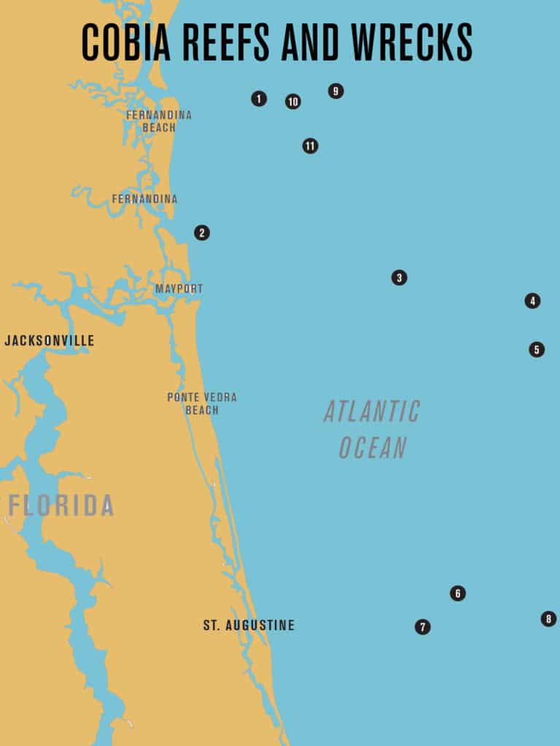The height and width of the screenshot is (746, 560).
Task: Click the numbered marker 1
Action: [259, 98]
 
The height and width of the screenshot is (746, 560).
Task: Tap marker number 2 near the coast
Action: [202, 233]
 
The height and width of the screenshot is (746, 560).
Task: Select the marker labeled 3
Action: [399, 278]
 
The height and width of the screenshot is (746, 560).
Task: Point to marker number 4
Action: [532, 301]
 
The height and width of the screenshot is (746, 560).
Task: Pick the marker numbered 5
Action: [537, 350]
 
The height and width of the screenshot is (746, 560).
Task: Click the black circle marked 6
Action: [458, 594]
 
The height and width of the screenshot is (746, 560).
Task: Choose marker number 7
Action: [423, 627]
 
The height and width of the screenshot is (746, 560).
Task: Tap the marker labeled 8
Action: [548, 619]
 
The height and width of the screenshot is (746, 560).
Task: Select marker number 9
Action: [335, 91]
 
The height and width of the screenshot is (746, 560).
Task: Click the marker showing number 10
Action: [293, 102]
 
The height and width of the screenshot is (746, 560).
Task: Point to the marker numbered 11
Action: [311, 146]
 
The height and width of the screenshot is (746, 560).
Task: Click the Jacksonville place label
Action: [50, 341]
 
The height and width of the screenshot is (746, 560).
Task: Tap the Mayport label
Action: [179, 289]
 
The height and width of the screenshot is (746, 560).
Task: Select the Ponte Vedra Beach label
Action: [202, 404]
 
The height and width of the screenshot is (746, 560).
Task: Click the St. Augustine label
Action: [249, 626]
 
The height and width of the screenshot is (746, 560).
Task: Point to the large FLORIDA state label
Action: [61, 506]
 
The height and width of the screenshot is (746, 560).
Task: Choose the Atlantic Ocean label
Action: [372, 430]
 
